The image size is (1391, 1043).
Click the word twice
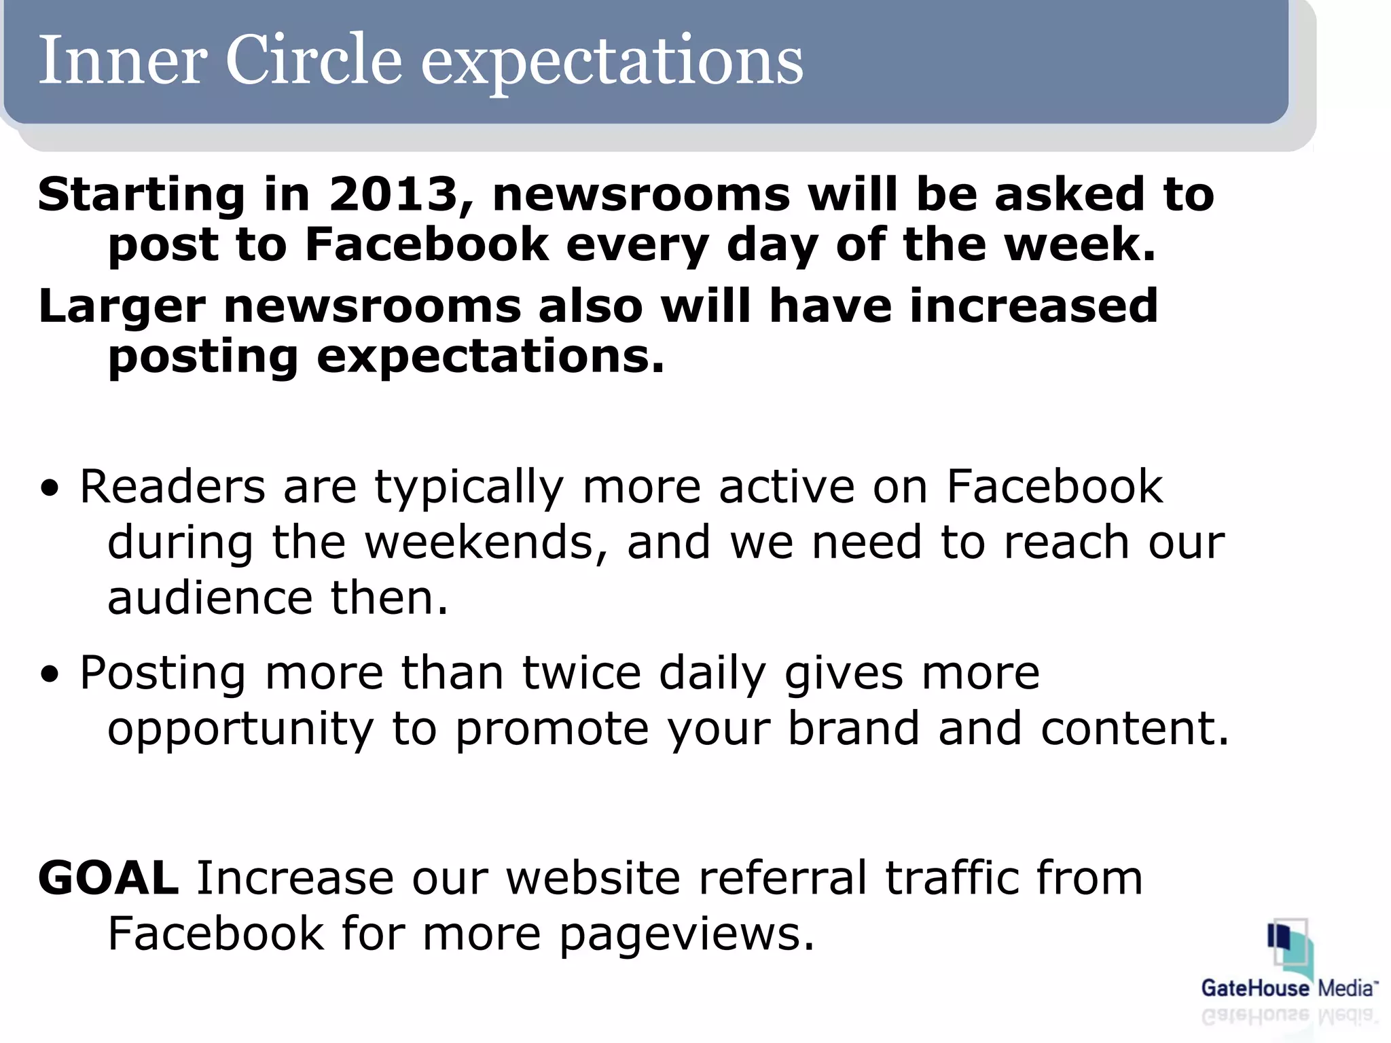(581, 674)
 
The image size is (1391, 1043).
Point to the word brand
(853, 729)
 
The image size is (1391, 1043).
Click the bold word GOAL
(109, 879)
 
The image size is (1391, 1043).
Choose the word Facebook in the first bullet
(1054, 488)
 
